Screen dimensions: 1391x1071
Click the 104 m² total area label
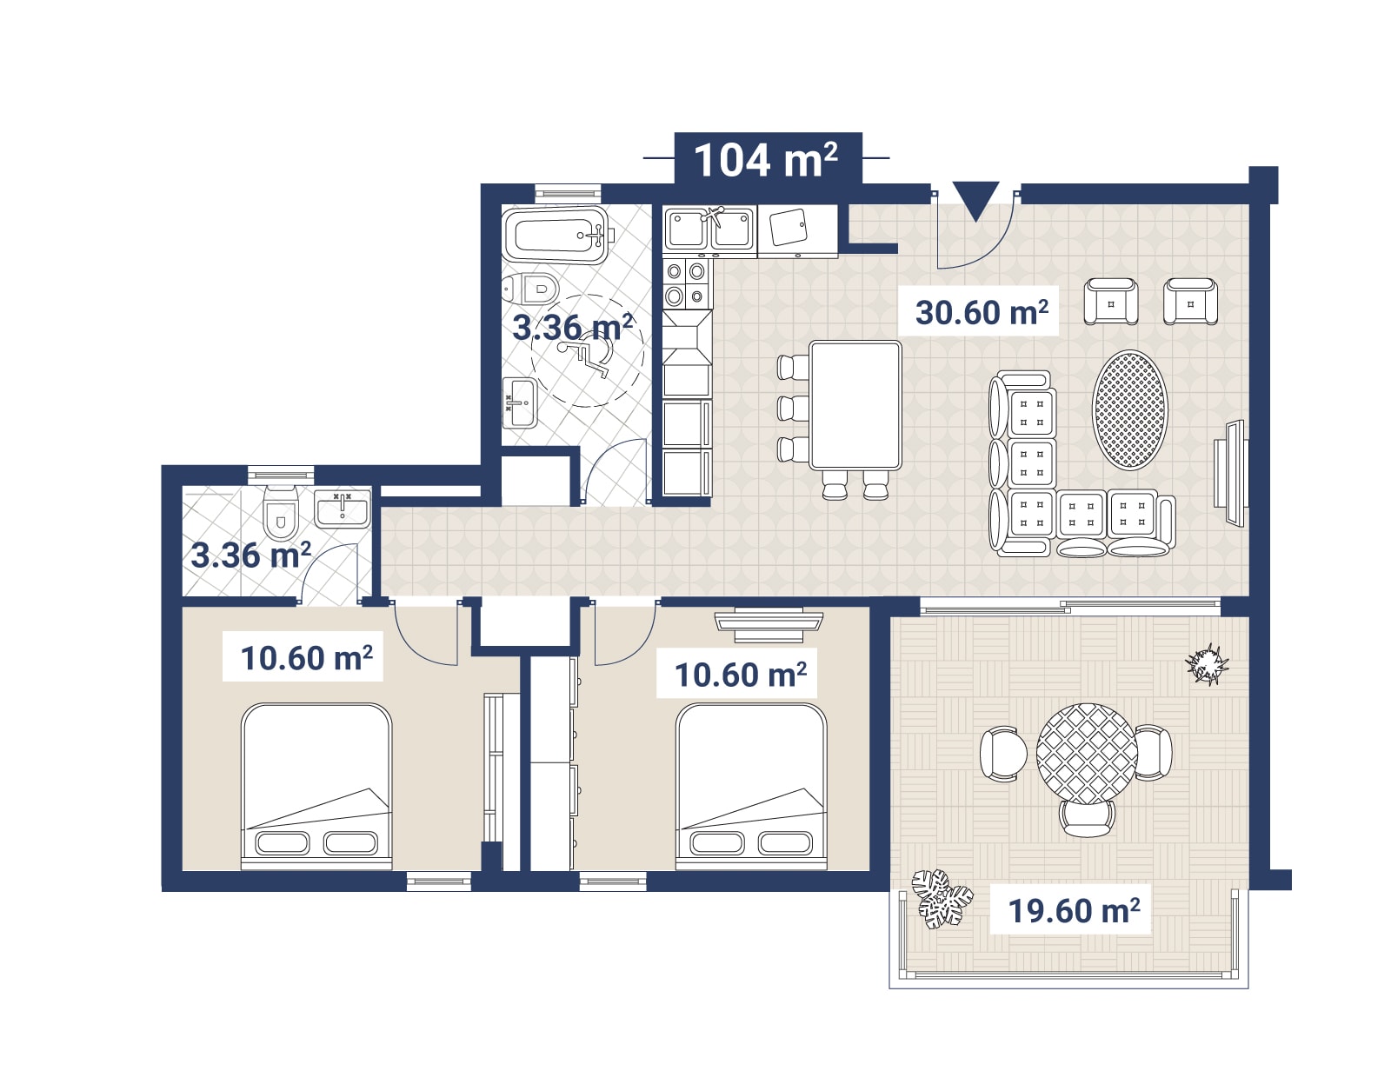point(767,160)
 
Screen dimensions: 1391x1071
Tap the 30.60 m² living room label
point(982,313)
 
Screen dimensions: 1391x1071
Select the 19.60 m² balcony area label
point(1075,910)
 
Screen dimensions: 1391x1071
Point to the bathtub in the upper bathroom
point(556,235)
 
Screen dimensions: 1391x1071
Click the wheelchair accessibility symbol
point(586,358)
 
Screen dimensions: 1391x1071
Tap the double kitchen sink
point(709,229)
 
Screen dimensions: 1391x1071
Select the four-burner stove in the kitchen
point(686,283)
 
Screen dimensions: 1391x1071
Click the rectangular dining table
point(855,406)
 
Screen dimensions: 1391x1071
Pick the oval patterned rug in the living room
point(1129,409)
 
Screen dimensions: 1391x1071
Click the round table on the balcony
point(1087,754)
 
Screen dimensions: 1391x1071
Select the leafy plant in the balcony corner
point(941,899)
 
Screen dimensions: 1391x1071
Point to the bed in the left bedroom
point(316,786)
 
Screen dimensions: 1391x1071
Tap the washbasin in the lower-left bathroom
point(343,509)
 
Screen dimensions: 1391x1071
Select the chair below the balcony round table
point(1087,818)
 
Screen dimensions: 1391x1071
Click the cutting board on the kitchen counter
point(789,227)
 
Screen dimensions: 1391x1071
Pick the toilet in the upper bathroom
point(530,289)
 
